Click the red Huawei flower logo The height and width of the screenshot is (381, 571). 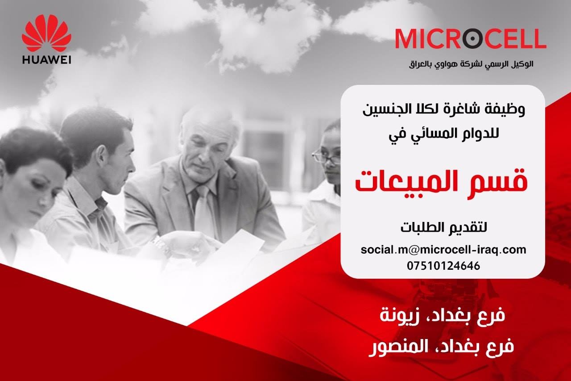[46, 33]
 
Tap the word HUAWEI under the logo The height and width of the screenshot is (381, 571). [47, 60]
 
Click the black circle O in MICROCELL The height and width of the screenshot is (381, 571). [472, 39]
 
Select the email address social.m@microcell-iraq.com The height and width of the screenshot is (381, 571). [443, 250]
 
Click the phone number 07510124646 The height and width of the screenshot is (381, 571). [443, 266]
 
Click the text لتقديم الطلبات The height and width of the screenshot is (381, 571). [443, 227]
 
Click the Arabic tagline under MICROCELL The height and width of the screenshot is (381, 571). [471, 64]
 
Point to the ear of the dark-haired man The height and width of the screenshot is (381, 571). [100, 158]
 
